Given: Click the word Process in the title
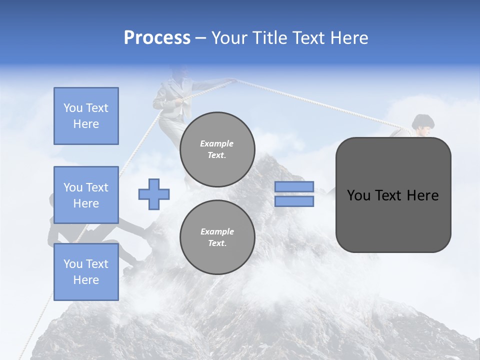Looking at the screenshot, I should [x=157, y=38].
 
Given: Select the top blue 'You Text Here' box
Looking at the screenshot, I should [x=86, y=116].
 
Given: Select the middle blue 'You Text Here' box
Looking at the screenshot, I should [x=86, y=195].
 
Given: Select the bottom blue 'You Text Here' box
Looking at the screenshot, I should [x=86, y=272].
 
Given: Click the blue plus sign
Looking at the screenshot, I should [x=154, y=194].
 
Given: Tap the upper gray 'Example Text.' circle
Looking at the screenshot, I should [x=217, y=149].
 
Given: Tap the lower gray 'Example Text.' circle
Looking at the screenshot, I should [x=217, y=237].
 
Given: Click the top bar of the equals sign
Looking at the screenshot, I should [x=294, y=186].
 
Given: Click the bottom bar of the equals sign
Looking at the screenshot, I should [x=294, y=201].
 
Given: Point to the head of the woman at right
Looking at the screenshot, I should [x=423, y=124].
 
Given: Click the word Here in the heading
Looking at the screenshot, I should [x=350, y=38].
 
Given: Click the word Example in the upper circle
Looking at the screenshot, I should [x=217, y=143].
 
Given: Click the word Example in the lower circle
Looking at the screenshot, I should [x=217, y=231].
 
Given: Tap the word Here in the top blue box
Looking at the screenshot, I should [x=86, y=124].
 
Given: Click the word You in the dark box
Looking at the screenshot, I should [x=359, y=195].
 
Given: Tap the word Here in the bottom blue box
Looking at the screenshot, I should [x=86, y=280].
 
